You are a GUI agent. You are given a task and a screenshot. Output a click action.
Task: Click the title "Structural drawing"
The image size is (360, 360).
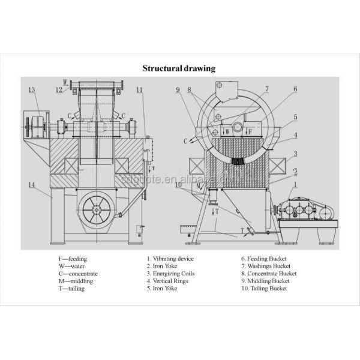pos(178,68)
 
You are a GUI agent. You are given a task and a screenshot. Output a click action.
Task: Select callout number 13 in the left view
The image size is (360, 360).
pos(32,90)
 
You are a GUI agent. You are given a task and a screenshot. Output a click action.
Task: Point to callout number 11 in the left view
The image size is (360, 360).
pos(140,90)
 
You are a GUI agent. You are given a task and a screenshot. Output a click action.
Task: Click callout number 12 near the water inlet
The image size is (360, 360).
pos(59,90)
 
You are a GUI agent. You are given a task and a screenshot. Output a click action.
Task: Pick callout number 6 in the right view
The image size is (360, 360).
pos(295,89)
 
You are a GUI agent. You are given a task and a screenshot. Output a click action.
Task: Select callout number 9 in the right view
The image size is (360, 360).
pos(178,90)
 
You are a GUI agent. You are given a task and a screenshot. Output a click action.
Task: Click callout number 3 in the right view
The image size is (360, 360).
pos(295,154)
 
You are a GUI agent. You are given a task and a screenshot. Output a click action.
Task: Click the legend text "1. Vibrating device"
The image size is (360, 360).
pos(170,259)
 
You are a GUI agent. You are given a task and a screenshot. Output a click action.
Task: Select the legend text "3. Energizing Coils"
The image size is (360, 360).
pos(170,274)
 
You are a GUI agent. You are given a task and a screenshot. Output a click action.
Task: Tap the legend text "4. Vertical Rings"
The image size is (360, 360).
pos(167,281)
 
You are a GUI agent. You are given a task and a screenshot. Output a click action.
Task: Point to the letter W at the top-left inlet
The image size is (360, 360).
pos(65,80)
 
